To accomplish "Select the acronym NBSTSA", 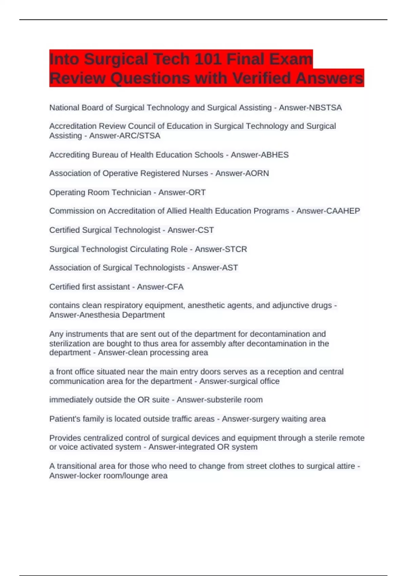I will click(x=325, y=108).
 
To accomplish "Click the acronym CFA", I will click(x=175, y=287).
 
